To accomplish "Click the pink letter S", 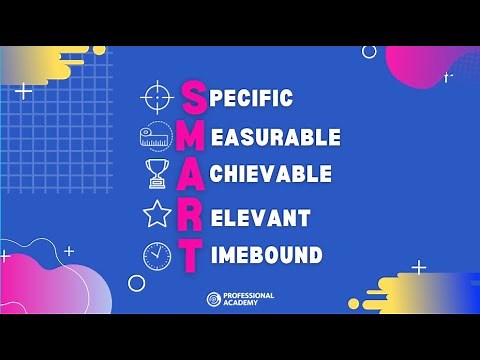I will tap(194, 97).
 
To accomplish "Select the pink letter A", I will tap(194, 174).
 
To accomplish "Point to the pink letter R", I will tap(193, 216).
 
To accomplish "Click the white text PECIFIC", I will tap(252, 98).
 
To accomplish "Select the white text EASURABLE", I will tap(277, 137).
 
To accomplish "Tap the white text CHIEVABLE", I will tap(272, 174).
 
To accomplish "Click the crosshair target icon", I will tap(158, 97).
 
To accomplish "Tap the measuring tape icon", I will tap(156, 136).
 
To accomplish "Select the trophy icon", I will tap(158, 174).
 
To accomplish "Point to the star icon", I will tap(158, 214).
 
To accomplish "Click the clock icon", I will tap(157, 255).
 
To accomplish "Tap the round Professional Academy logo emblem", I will tap(213, 299).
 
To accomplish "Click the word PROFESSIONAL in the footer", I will tap(249, 295).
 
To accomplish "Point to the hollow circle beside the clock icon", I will tap(137, 283).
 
